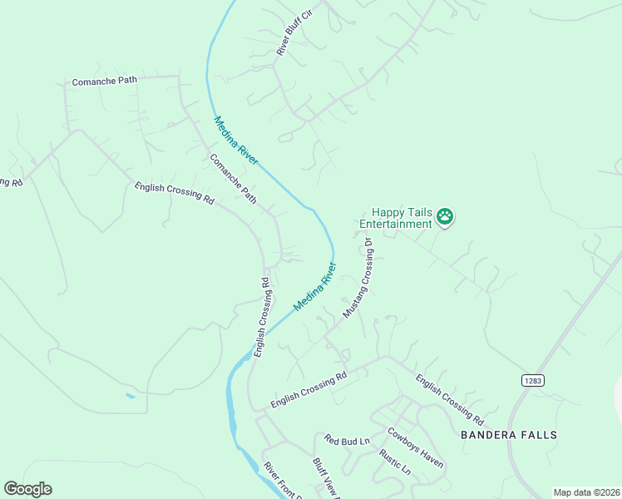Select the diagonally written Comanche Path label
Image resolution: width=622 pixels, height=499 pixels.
233,180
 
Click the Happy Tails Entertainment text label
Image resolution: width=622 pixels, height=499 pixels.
396,218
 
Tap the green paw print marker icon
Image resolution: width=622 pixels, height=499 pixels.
445,217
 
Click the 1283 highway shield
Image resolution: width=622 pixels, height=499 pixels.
533,380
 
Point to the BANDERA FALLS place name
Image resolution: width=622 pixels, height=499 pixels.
508,434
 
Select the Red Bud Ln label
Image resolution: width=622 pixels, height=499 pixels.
347,440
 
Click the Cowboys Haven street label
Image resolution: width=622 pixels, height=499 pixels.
415,447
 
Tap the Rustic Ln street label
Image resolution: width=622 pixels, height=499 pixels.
394,462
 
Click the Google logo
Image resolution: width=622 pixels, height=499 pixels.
27,489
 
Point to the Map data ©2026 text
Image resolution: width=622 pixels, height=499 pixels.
585,492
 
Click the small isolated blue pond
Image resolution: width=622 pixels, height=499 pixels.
131,396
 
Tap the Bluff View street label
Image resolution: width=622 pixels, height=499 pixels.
326,478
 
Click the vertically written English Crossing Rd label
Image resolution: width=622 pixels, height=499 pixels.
262,317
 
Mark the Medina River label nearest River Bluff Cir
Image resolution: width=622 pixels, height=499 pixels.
236,141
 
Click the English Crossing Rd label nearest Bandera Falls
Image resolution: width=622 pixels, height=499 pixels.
449,399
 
